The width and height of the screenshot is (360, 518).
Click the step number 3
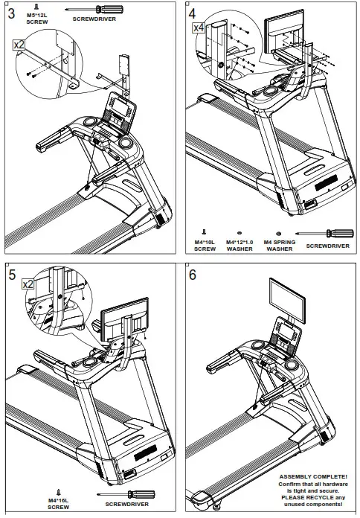(12, 14)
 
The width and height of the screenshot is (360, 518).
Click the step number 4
(193, 14)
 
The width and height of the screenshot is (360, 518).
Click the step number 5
(12, 275)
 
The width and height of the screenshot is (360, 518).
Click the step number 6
(193, 275)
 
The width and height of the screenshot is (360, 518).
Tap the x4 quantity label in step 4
(199, 28)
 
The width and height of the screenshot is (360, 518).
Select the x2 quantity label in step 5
(28, 284)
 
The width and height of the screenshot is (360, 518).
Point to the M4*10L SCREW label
(205, 246)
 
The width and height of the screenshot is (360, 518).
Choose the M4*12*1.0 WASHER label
(239, 246)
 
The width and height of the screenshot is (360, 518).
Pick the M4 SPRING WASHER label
(279, 246)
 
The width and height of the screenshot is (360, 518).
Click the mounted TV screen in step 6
(285, 295)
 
